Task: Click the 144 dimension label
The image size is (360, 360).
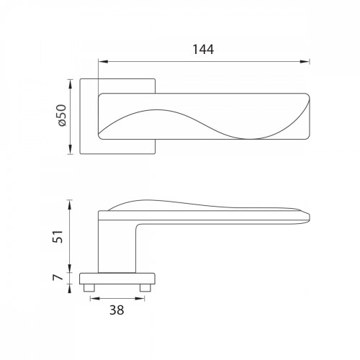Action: pos(203,50)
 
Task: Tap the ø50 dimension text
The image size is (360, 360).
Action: pos(62,115)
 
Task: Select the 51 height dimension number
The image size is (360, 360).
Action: pos(58,237)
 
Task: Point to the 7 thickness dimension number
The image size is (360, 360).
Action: pos(58,277)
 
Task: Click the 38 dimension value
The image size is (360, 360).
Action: pos(117,310)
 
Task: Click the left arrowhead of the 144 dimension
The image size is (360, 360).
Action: pos(103,62)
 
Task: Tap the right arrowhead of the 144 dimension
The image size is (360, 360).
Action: pos(305,62)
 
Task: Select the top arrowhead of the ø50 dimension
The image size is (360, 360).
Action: pos(70,84)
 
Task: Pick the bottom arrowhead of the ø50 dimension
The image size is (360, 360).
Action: pos(70,149)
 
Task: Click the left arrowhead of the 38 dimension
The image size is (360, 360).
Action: pos(95,299)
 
